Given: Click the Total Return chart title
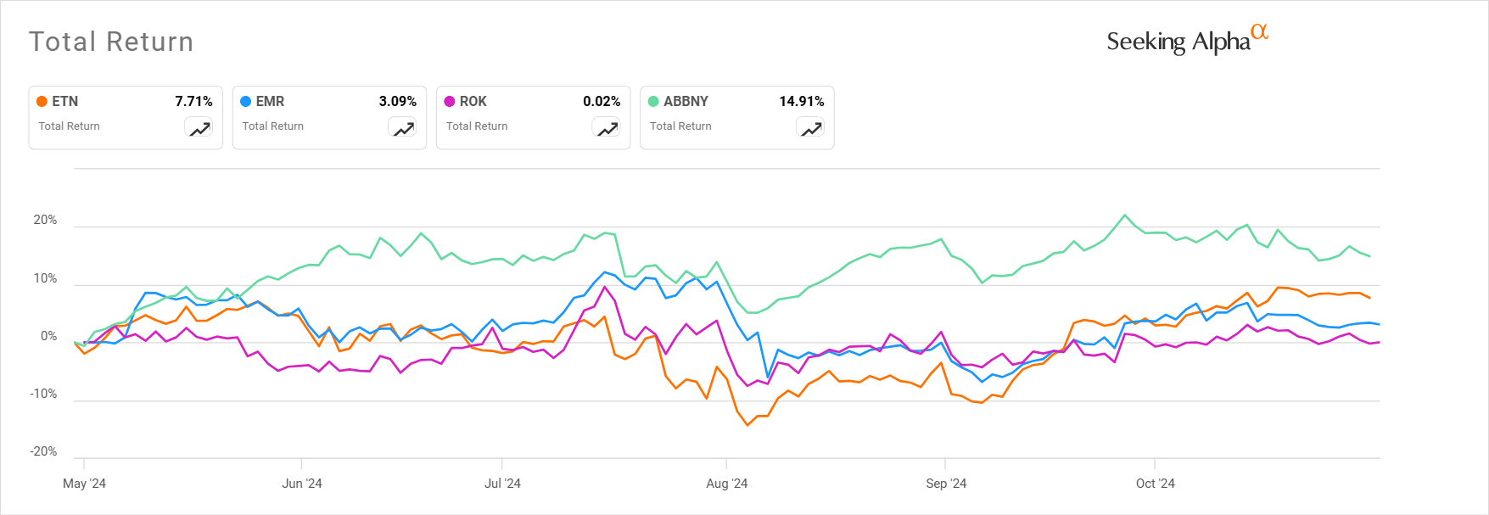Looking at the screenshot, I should (111, 42).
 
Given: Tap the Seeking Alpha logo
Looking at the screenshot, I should (1186, 40).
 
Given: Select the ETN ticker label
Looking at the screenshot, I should (65, 101).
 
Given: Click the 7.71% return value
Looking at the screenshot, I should (193, 101).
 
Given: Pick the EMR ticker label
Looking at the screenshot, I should (270, 101).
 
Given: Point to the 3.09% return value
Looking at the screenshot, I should (397, 101).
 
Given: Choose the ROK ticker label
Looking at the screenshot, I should (473, 101).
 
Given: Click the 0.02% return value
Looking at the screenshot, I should (602, 101).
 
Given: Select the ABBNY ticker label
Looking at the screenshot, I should (686, 101).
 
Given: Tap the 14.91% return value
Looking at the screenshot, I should (802, 101).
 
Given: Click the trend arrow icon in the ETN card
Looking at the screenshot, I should (199, 129).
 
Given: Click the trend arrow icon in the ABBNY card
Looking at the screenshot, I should (811, 129).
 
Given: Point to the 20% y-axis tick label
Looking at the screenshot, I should (45, 220).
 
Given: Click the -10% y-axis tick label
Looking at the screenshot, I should (43, 394).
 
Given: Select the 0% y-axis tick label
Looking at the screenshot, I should (48, 336).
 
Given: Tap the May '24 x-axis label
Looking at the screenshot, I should (84, 484).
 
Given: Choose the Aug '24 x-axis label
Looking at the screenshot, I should (727, 484).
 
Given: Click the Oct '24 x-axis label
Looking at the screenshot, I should (1155, 484).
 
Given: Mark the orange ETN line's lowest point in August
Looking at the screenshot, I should (747, 425).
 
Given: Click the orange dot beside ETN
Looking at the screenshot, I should (42, 101).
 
